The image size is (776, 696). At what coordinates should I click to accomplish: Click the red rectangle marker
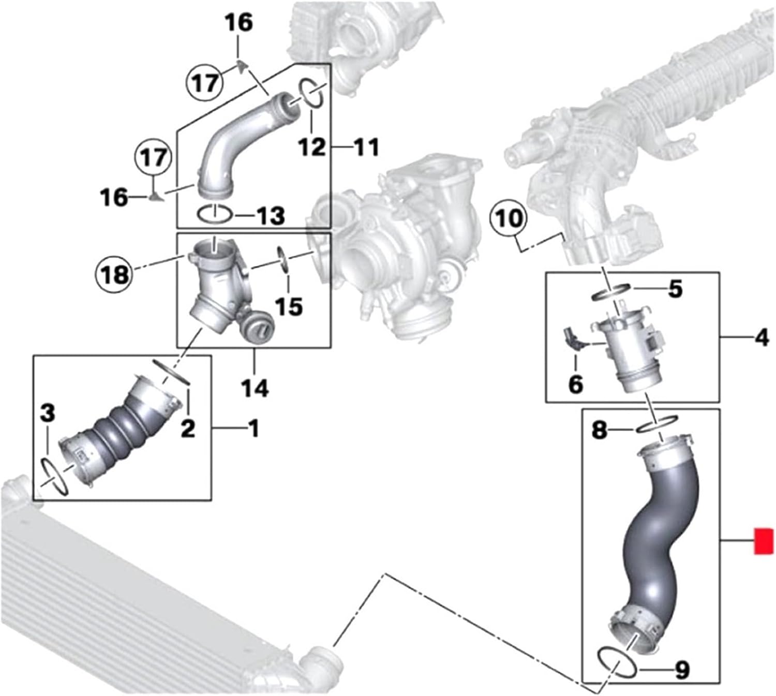tap(764, 541)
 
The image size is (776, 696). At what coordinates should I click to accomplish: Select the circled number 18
tap(115, 272)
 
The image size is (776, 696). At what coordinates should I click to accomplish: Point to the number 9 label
tap(682, 670)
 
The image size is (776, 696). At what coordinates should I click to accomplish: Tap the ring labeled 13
tap(214, 213)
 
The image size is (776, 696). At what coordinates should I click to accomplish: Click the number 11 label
tap(366, 147)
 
